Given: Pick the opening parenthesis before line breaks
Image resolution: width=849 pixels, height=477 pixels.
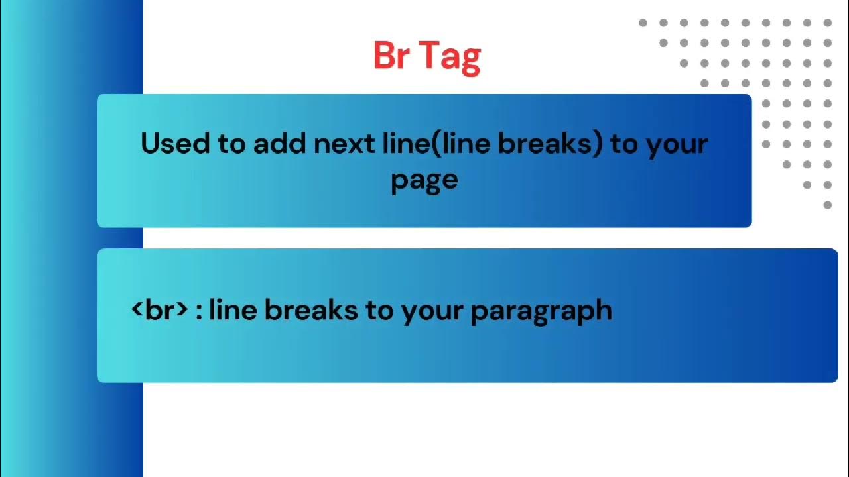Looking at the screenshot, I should [x=436, y=144].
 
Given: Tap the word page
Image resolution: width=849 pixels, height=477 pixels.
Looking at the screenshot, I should [x=424, y=180].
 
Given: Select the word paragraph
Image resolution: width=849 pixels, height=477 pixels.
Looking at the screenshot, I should [x=541, y=311].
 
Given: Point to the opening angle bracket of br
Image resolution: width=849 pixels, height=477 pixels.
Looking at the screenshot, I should [x=137, y=309].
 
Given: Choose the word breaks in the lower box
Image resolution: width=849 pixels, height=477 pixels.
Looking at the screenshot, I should [x=311, y=309].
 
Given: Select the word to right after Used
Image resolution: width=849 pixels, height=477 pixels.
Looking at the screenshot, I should [x=231, y=144].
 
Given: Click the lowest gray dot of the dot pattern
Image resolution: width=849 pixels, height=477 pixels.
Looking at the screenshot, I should [x=828, y=205].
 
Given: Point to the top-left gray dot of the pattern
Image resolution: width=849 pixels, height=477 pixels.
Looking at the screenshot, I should [x=643, y=23].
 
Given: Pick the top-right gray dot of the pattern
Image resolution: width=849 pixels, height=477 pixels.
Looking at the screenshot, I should [x=828, y=23].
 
